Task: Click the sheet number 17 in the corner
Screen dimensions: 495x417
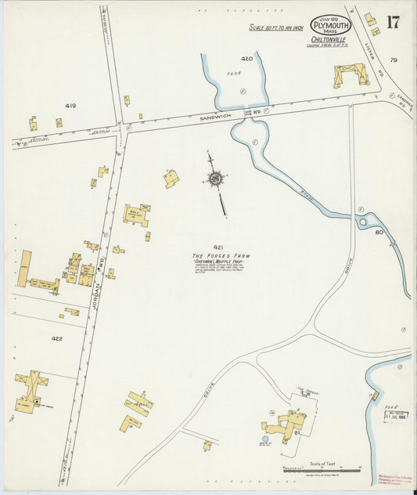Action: coord(392,21)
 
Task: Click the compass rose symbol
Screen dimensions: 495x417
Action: coord(214,179)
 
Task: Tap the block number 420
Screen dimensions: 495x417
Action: coord(246,59)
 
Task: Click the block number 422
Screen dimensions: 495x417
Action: coord(56,339)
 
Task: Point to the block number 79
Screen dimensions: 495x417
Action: coord(394,60)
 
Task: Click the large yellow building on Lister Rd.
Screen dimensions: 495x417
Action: coord(350,74)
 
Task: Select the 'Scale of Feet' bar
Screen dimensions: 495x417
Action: coord(321,468)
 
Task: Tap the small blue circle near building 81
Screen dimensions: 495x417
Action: coord(264,439)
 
